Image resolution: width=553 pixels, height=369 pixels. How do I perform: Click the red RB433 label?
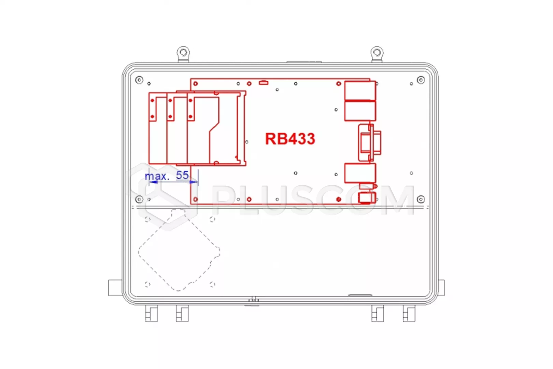(290, 139)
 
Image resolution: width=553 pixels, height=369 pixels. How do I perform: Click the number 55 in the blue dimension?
(182, 175)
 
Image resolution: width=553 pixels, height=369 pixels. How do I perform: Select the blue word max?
(157, 176)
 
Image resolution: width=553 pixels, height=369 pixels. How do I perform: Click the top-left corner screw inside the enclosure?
(139, 80)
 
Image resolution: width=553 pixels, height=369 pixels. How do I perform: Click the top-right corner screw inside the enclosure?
(421, 80)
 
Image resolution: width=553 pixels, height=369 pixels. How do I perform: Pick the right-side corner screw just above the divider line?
(421, 199)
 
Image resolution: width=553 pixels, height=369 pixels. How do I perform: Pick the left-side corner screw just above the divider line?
(139, 199)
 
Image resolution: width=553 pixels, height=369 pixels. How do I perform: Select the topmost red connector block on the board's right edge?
(360, 91)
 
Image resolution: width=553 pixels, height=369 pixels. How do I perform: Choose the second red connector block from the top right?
(360, 111)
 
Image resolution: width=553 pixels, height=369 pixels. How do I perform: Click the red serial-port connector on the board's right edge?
(370, 143)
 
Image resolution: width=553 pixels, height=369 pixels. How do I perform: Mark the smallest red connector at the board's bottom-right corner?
(367, 198)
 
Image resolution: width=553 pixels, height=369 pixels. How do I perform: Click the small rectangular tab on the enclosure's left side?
(115, 288)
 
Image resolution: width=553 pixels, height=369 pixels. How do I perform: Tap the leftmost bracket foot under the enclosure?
(151, 313)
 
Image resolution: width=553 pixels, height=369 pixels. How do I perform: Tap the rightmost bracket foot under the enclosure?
(409, 313)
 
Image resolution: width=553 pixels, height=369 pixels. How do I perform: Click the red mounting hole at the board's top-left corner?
(196, 84)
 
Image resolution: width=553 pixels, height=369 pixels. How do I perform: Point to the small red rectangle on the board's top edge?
(264, 83)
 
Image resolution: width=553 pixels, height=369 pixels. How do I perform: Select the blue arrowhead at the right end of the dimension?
(194, 182)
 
